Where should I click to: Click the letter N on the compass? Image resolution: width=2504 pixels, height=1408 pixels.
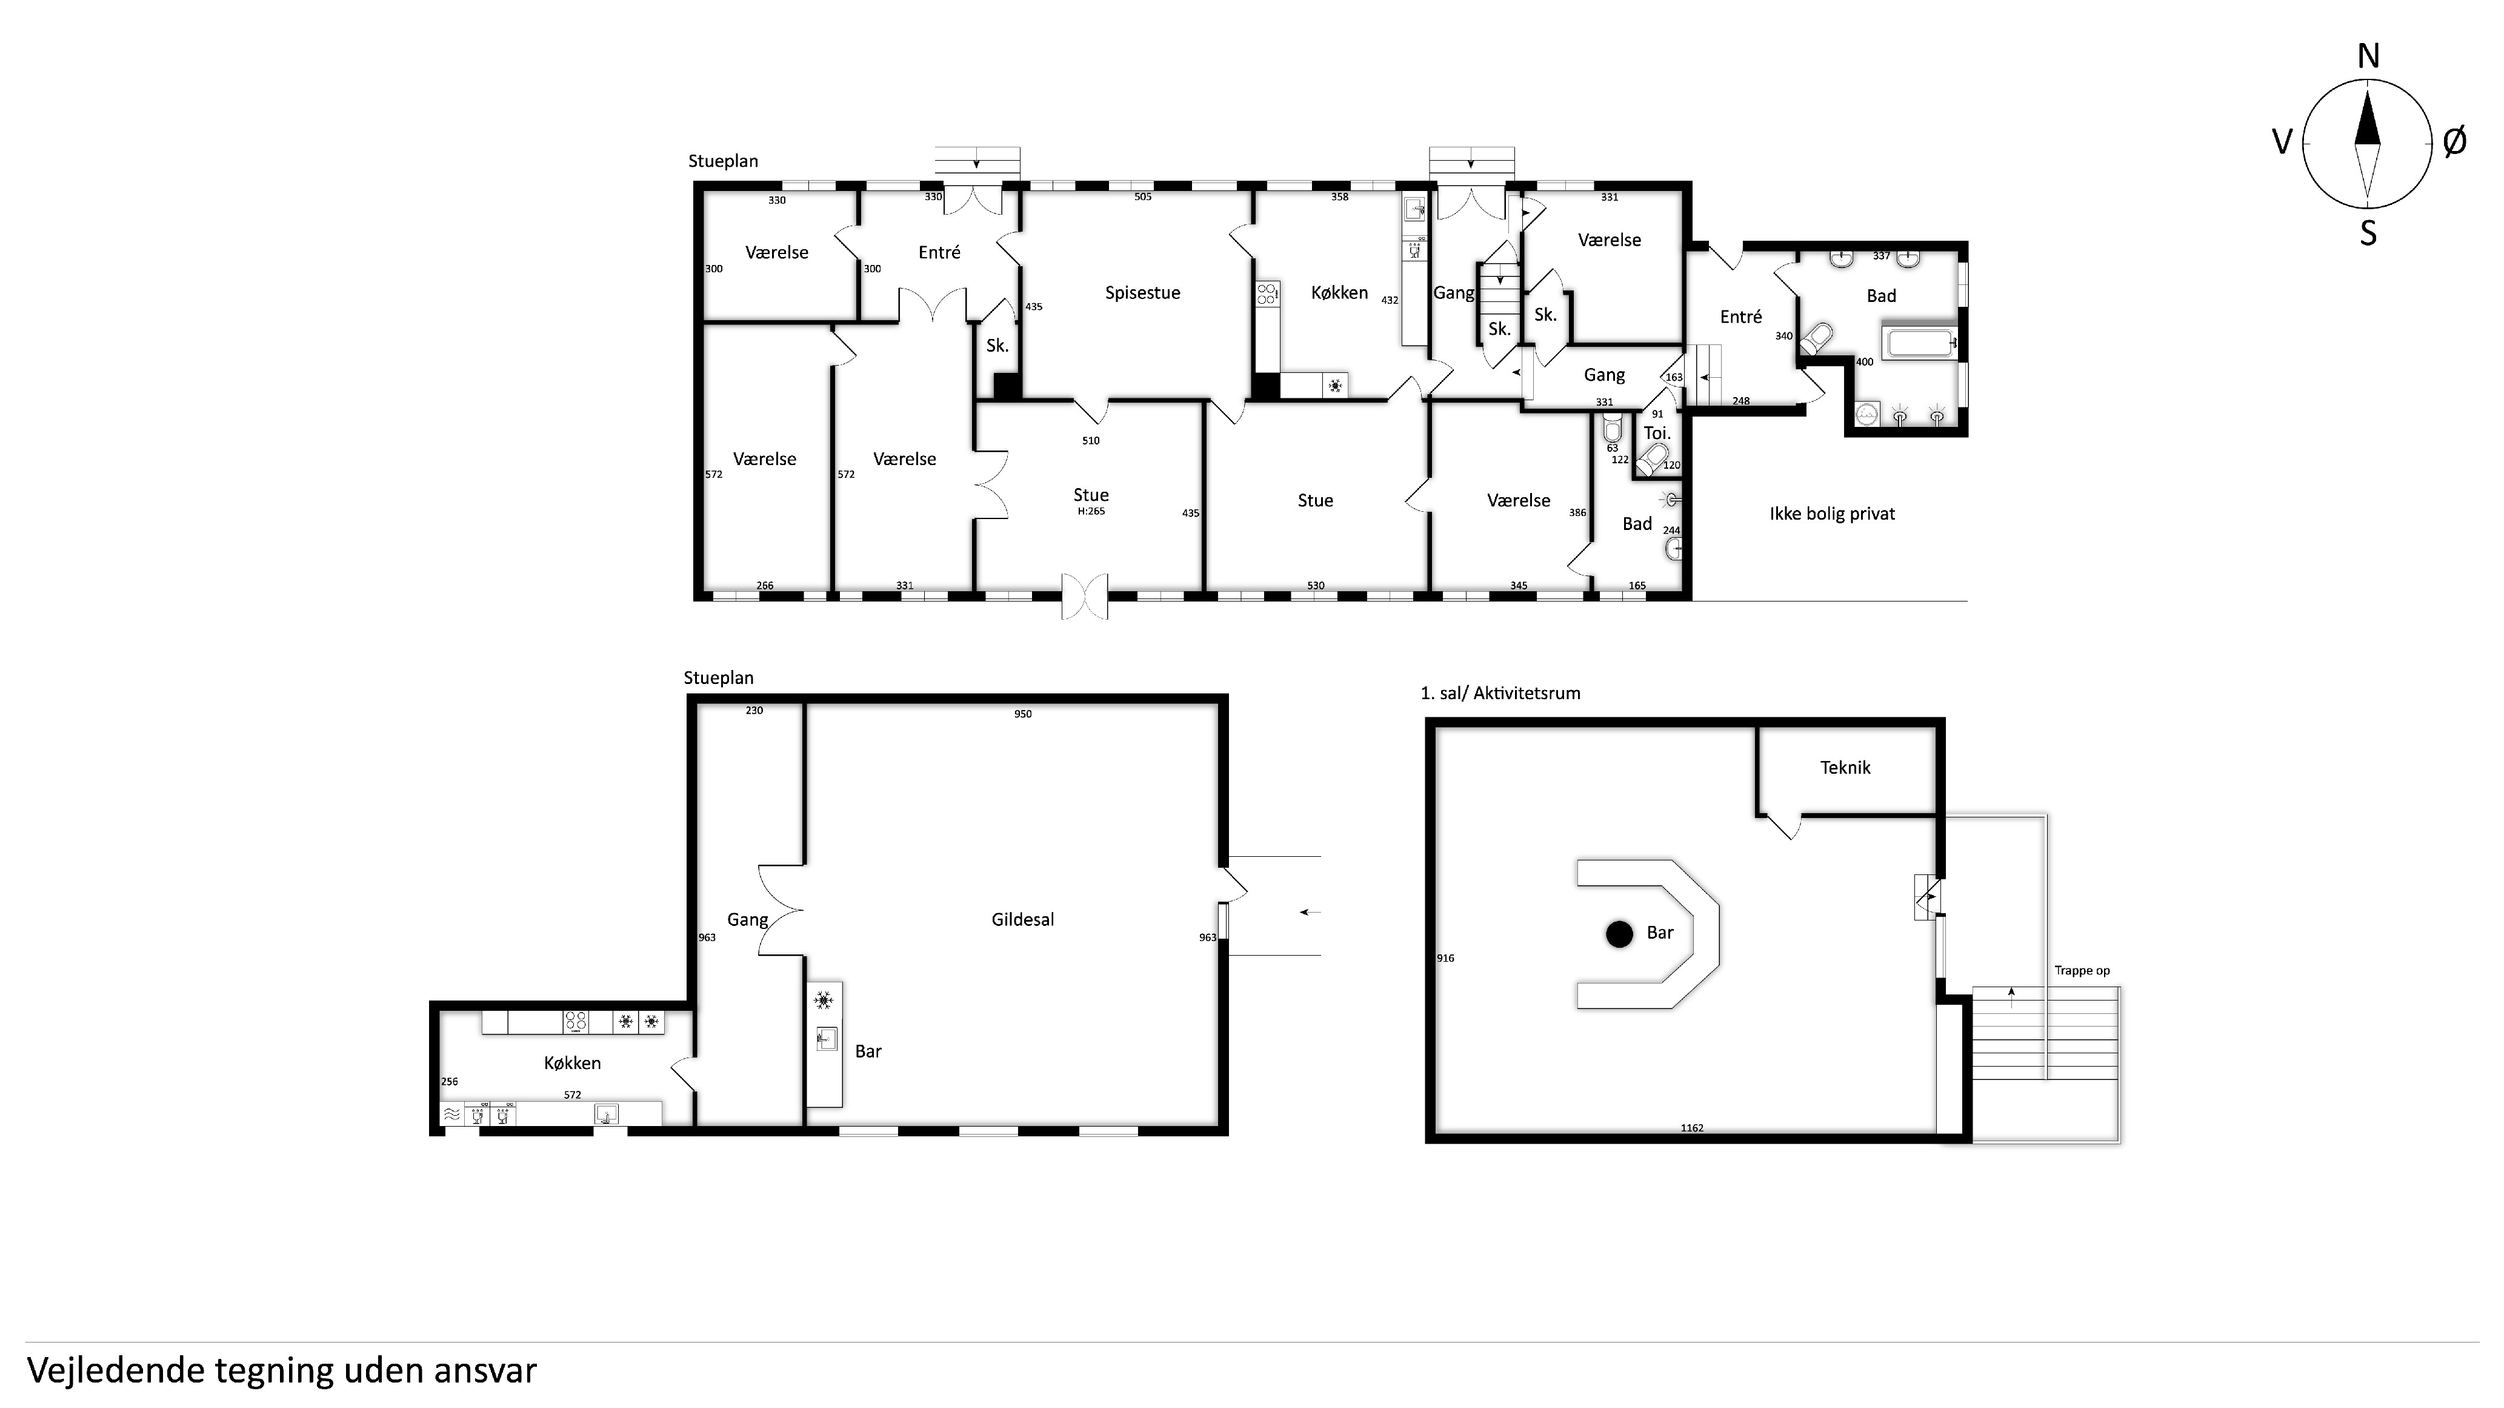click(x=2368, y=58)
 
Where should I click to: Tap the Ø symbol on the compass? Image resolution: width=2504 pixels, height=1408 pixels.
click(x=2454, y=142)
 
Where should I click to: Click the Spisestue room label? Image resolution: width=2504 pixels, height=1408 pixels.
click(x=1142, y=293)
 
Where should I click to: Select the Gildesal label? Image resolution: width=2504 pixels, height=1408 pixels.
click(x=1022, y=919)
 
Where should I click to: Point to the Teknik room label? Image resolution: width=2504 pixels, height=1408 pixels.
click(x=1845, y=767)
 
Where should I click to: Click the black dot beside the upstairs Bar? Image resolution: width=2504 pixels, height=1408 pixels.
click(x=1619, y=933)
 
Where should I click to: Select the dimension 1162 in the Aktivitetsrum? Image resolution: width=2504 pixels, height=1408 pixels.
click(x=1693, y=1128)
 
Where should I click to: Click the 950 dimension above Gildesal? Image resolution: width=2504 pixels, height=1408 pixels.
click(x=1022, y=714)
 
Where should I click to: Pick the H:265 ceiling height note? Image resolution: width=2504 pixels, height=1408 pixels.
click(x=1091, y=511)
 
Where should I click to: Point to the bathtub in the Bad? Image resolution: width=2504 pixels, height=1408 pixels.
click(x=1920, y=343)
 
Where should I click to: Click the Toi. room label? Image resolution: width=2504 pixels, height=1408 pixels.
click(x=1656, y=434)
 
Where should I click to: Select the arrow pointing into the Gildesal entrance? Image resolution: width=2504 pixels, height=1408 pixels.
click(x=1310, y=912)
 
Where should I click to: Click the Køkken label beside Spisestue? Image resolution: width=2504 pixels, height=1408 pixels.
click(x=1339, y=293)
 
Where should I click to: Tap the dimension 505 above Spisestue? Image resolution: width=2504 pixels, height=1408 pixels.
click(x=1143, y=196)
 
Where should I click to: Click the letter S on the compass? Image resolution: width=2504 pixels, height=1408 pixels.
click(x=2368, y=233)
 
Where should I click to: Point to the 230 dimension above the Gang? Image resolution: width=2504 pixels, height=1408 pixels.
click(x=754, y=711)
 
